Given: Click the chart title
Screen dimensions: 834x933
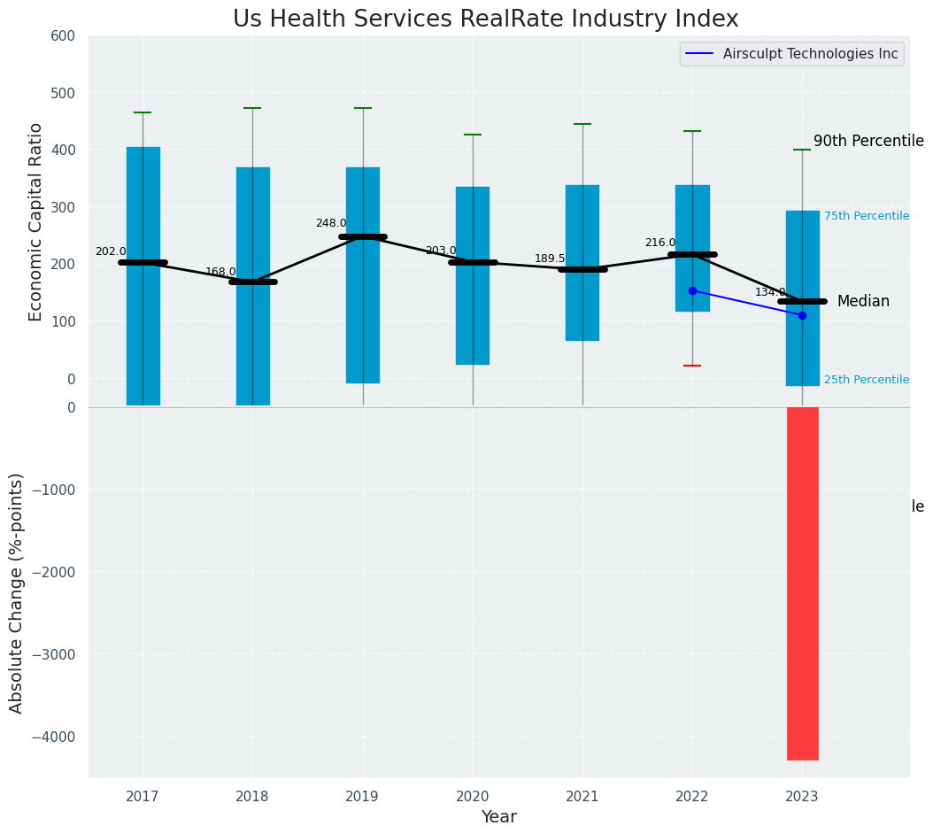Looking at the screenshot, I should pos(485,19).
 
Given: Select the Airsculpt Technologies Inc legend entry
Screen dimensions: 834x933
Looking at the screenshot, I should pos(810,54).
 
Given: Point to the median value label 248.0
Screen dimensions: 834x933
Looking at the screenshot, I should pos(331,223).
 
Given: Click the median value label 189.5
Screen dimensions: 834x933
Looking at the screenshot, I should pos(550,259).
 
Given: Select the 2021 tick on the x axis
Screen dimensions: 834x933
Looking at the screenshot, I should pos(582,797).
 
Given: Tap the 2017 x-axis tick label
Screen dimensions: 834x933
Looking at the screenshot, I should pos(143,797).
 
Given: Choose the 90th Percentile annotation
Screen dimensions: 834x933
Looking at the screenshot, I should pos(868,142).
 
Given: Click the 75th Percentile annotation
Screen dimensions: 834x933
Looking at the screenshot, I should pos(867,216).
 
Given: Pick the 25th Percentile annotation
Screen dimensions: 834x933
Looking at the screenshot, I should pos(867,380).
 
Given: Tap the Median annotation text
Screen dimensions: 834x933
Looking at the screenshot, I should pos(863,302).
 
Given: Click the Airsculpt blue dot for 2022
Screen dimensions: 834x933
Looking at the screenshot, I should pos(692,290).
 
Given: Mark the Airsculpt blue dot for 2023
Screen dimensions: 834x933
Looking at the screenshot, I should pos(802,315).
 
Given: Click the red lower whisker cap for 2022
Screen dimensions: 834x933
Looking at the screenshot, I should pos(692,366).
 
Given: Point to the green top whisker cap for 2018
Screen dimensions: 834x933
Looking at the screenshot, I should pos(252,108).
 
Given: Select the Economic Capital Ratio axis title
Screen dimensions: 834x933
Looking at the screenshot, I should pos(36,221).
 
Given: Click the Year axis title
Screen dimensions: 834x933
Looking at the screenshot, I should pos(498,817).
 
